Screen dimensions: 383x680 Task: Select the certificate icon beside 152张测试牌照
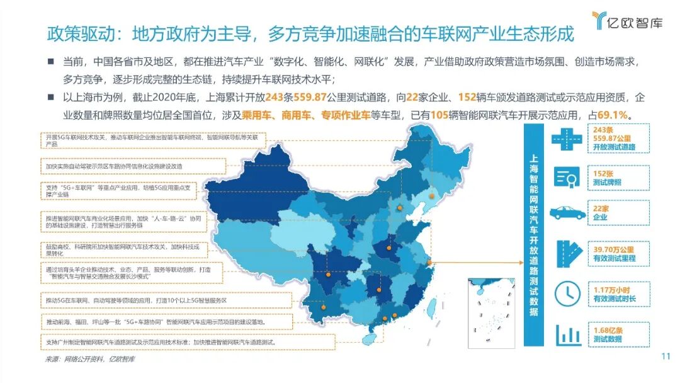click(x=567, y=178)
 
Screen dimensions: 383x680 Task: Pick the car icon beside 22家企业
click(x=567, y=212)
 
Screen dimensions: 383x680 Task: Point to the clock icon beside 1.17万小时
click(x=567, y=292)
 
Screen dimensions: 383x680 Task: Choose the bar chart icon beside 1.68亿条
click(x=567, y=334)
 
